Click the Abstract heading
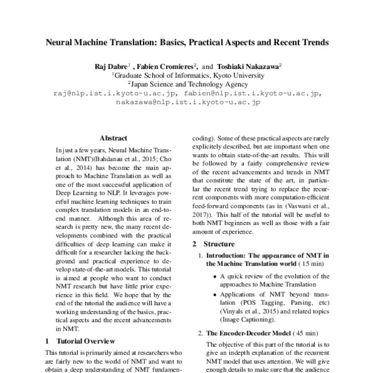click(x=114, y=139)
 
